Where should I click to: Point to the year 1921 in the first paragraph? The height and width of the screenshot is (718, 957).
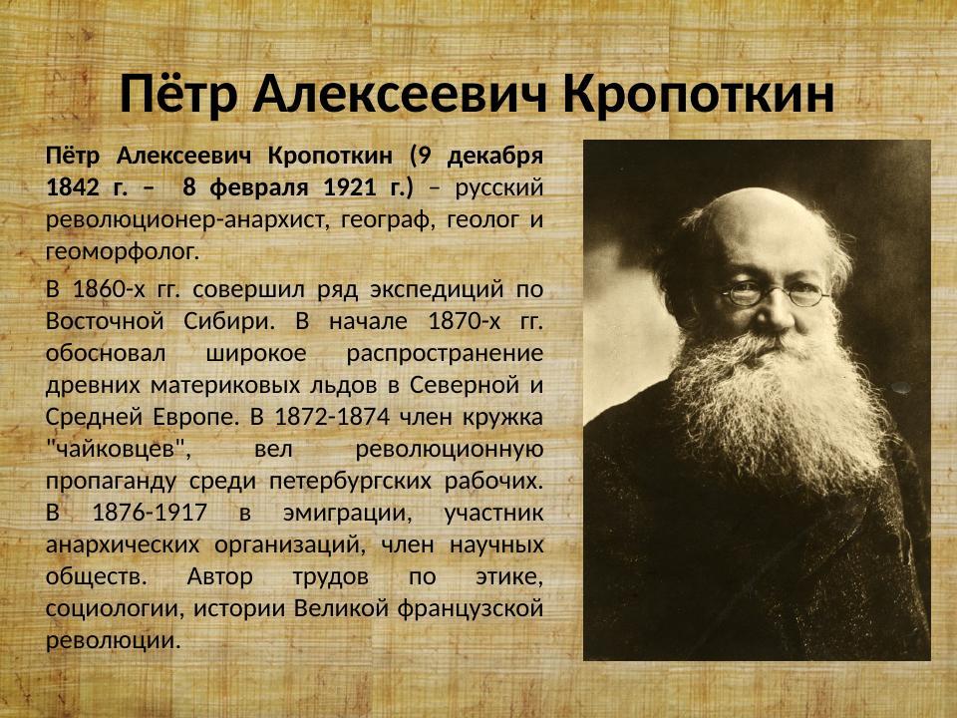coord(356,186)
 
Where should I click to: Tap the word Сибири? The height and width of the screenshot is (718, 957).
coord(223,322)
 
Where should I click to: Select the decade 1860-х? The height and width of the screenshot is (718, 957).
coord(107,290)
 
